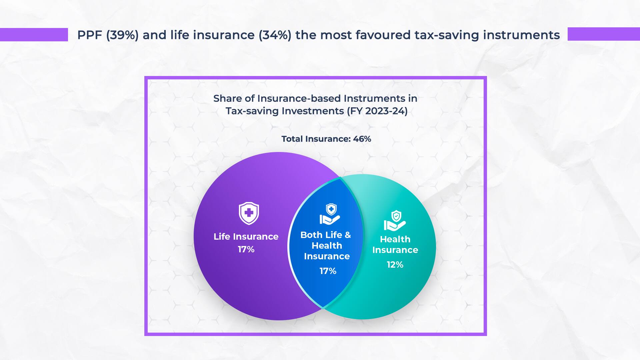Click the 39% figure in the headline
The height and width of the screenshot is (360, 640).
(122, 35)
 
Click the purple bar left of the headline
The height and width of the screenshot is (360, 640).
(34, 35)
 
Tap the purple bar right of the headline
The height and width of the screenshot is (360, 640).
(604, 34)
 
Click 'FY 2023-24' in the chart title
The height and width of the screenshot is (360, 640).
(377, 111)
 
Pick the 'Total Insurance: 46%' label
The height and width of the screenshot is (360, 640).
(326, 139)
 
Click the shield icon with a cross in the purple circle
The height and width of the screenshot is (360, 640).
(249, 213)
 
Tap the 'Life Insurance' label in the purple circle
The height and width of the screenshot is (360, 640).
(246, 237)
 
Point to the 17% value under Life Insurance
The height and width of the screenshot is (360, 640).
(246, 249)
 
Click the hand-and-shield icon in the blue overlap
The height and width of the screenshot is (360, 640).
(330, 214)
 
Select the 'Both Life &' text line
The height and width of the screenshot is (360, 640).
(326, 235)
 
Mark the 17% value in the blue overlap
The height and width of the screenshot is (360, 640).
(328, 271)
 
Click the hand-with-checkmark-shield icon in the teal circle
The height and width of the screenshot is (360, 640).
(395, 221)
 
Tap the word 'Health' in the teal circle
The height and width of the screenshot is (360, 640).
(395, 239)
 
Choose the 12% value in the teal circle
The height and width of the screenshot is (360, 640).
(395, 265)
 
